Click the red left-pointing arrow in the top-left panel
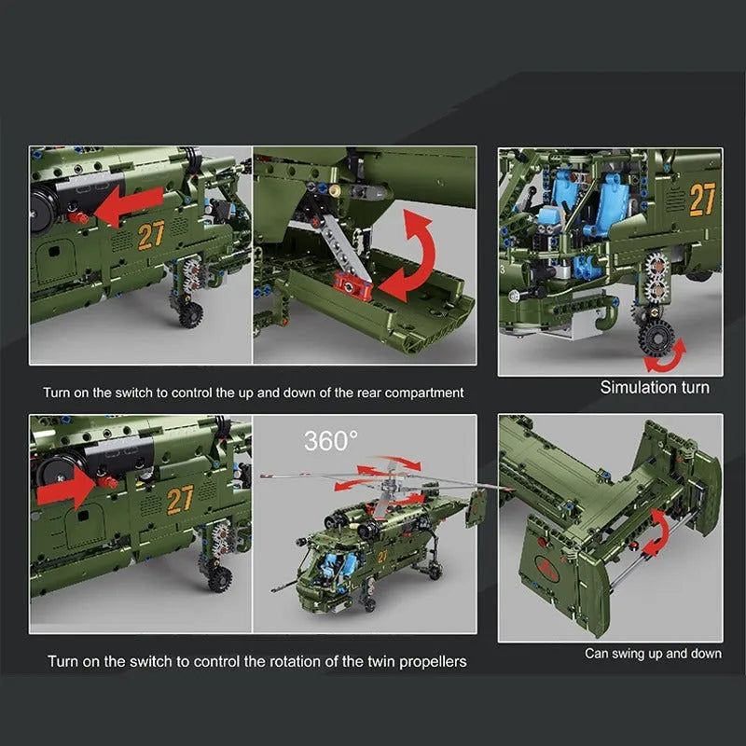click(x=128, y=206)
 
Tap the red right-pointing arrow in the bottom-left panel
click(x=66, y=488)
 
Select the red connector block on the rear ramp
click(x=352, y=286)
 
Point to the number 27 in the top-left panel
click(x=151, y=235)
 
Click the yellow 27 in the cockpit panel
click(x=702, y=199)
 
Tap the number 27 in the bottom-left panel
click(x=180, y=500)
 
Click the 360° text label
click(x=331, y=441)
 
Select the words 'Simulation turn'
click(x=655, y=387)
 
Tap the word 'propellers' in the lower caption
click(x=433, y=662)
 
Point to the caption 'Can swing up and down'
click(x=653, y=654)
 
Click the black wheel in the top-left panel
click(x=191, y=313)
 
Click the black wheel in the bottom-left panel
click(x=219, y=577)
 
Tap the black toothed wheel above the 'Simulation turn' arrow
click(x=656, y=338)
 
